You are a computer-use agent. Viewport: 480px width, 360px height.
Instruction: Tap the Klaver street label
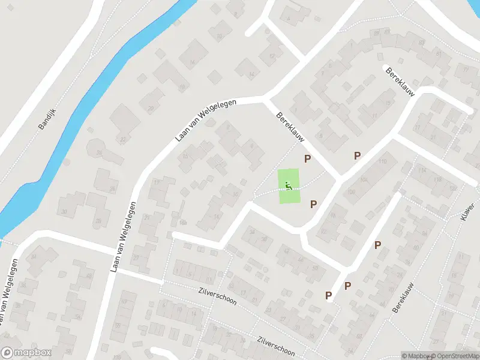click(468, 211)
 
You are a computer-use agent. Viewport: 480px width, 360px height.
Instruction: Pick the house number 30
click(64, 211)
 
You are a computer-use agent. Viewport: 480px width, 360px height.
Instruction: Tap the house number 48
click(89, 277)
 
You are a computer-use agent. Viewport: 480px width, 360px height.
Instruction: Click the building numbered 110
click(382, 161)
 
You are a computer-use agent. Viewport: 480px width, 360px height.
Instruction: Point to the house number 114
click(422, 170)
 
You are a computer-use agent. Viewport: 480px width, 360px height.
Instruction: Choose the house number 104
click(364, 179)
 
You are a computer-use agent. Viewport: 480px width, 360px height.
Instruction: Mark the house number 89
click(376, 33)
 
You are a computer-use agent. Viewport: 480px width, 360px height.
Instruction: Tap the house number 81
click(439, 54)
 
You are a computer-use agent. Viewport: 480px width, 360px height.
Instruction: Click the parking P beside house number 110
click(357, 155)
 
